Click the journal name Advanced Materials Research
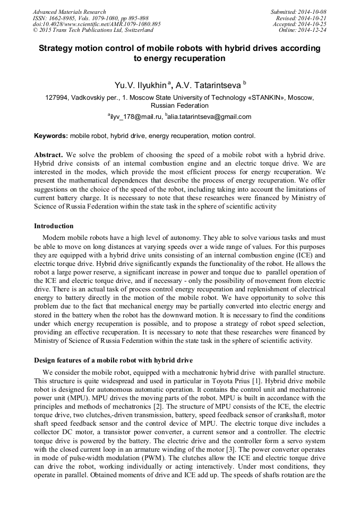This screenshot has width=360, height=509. coord(69,12)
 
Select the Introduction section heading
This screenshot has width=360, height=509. coord(54,226)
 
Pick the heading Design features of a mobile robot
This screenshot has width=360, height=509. coord(113,361)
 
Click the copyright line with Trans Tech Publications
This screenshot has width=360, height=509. coord(93,30)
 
